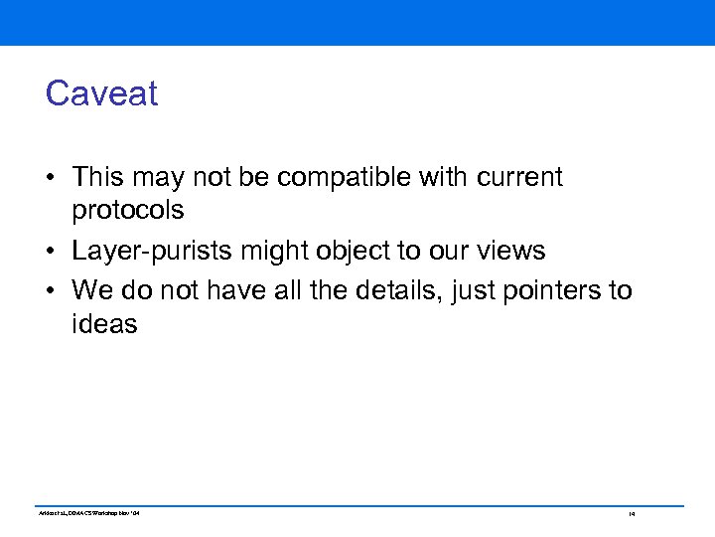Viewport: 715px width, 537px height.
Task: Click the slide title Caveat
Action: point(101,93)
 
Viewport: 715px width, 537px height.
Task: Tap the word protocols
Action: point(127,211)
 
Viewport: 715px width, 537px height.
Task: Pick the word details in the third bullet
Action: point(369,290)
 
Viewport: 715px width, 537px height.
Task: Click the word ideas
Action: point(104,324)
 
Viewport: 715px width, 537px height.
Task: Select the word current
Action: point(519,177)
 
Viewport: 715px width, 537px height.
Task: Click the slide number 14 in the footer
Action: point(631,514)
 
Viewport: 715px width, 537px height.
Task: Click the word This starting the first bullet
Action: point(97,177)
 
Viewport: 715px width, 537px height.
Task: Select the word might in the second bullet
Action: point(271,252)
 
